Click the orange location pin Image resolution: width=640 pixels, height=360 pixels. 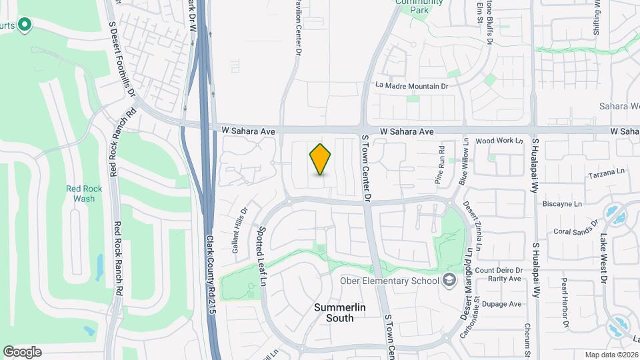pyautogui.click(x=321, y=159)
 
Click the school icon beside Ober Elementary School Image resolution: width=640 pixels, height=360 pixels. pyautogui.click(x=449, y=279)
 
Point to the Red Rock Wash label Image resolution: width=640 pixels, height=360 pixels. pyautogui.click(x=84, y=193)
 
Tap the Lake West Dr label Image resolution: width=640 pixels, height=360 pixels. pyautogui.click(x=603, y=256)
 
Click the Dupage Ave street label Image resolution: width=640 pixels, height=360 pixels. pyautogui.click(x=505, y=304)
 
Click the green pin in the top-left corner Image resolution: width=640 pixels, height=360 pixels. pyautogui.click(x=25, y=25)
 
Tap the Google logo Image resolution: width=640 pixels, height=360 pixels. pyautogui.click(x=22, y=351)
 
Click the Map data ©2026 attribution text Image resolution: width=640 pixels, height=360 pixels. pyautogui.click(x=611, y=355)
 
